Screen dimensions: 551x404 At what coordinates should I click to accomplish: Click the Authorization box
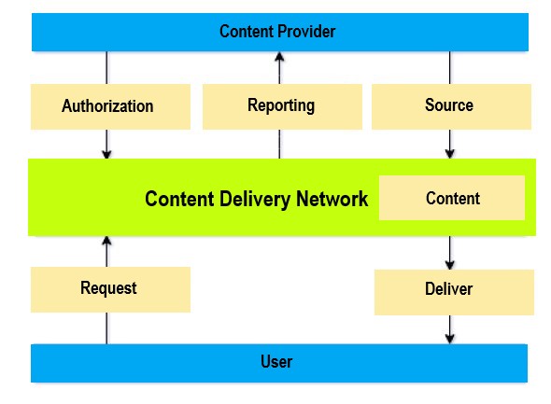pos(111,106)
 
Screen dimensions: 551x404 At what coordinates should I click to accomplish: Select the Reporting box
pos(283,106)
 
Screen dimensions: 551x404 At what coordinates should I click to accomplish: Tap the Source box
pos(452,106)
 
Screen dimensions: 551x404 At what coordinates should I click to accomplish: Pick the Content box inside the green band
pos(452,198)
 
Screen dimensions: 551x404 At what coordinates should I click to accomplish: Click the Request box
pos(111,289)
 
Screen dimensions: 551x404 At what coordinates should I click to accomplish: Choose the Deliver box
pos(455,292)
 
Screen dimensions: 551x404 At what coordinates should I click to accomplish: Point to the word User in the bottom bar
pos(276,362)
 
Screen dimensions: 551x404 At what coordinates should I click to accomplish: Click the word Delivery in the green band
pos(256,199)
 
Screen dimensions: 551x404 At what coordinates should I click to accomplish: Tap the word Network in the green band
pos(332,199)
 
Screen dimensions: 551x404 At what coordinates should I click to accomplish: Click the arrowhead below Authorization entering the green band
pos(106,154)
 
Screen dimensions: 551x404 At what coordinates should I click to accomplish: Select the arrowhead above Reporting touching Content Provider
pos(280,57)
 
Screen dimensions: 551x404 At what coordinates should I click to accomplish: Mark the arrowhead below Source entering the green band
pos(450,153)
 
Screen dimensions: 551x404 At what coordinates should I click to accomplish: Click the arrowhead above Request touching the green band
pos(106,241)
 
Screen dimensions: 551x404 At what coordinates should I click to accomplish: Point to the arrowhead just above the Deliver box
pos(450,265)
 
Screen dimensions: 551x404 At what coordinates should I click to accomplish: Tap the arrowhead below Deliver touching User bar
pos(450,339)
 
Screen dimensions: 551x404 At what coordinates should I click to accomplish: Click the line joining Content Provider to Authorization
pos(106,68)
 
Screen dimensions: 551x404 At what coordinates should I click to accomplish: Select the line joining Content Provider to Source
pos(450,68)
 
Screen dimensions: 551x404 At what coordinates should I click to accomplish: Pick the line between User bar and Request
pos(106,328)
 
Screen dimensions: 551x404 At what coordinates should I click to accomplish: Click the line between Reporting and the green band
pos(280,144)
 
